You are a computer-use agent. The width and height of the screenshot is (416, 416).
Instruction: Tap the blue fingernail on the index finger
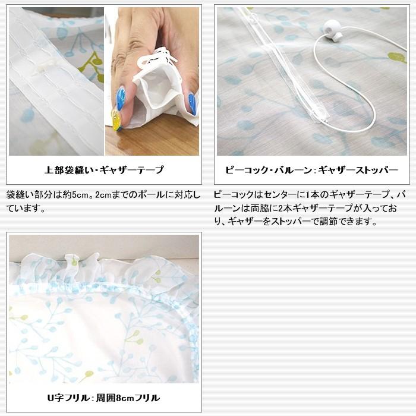point(121,98)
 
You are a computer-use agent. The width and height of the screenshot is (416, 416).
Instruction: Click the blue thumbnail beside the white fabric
point(192,103)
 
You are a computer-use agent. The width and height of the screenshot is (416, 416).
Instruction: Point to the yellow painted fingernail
point(116,121)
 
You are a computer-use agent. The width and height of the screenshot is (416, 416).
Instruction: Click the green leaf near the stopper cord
point(396,58)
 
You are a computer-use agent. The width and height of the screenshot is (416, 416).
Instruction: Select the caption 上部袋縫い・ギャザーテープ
point(104,170)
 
